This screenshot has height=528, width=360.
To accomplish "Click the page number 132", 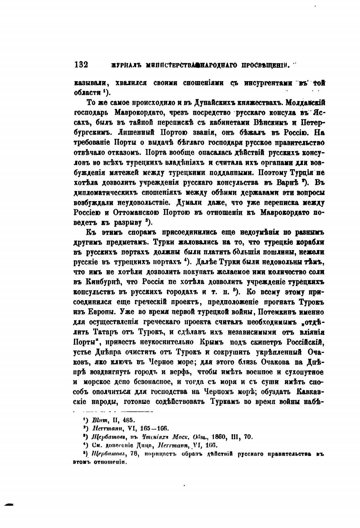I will coord(81,64).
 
